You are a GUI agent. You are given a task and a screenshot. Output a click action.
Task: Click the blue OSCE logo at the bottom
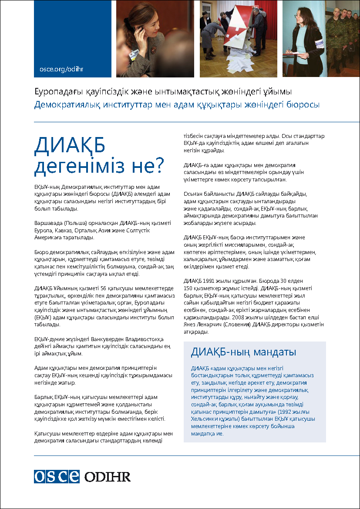pos(57,476)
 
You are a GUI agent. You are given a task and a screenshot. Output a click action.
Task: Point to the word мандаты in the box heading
pos(274,352)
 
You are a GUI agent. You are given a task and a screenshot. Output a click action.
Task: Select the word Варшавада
pos(49,223)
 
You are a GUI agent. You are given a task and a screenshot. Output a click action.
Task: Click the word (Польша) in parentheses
pos(76,223)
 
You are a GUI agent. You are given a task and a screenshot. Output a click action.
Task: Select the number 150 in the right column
pos(188,288)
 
